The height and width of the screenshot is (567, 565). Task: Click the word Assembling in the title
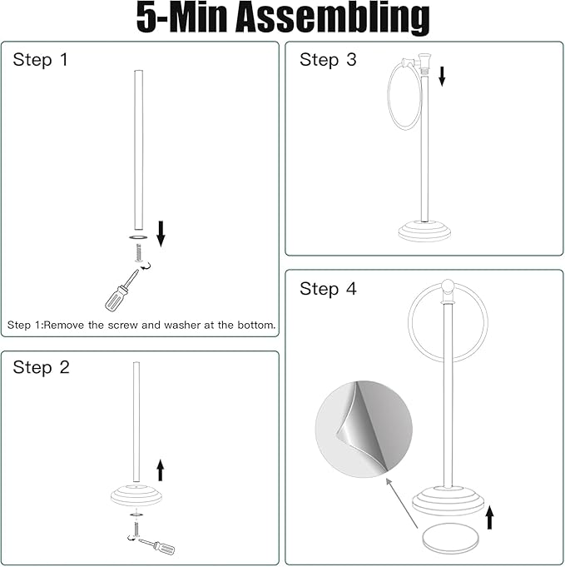(333, 17)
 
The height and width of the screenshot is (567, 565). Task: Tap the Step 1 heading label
(40, 60)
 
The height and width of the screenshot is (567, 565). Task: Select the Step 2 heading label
(41, 367)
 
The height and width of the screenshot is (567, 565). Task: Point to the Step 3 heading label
(328, 60)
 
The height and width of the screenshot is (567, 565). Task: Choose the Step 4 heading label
(328, 289)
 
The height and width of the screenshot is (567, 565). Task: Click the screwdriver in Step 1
(121, 291)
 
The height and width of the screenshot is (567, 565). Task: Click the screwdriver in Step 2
(157, 545)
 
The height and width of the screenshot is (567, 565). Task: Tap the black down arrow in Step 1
(161, 234)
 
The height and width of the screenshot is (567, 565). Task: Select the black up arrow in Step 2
(161, 470)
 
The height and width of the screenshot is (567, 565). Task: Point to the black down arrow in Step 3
(442, 77)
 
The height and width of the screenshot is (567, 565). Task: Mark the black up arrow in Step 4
(489, 517)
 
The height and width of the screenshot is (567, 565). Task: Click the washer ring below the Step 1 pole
(138, 237)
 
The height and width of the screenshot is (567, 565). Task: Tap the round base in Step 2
(136, 495)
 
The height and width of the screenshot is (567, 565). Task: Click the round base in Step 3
(424, 231)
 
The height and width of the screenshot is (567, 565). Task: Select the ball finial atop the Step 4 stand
(448, 286)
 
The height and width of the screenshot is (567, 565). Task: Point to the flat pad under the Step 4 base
(450, 538)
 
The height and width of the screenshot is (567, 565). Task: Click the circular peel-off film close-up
(364, 429)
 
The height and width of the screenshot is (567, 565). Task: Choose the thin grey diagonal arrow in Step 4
(402, 503)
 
